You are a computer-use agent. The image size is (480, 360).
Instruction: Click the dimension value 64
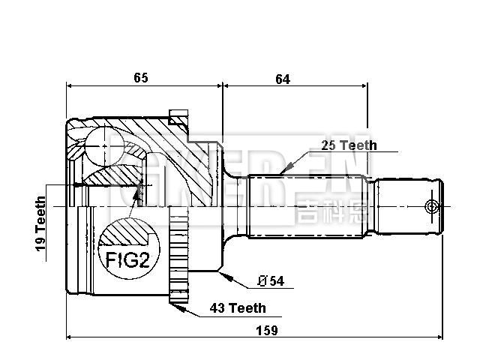pos(282,76)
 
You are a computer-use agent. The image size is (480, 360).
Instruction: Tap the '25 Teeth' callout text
pos(348,145)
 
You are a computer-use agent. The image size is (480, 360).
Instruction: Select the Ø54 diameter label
pos(270,281)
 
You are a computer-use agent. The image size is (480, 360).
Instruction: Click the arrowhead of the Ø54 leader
pos(223,274)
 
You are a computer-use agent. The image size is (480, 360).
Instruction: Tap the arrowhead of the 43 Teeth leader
pos(173,302)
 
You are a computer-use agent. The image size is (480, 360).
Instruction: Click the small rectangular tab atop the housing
pos(179,117)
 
